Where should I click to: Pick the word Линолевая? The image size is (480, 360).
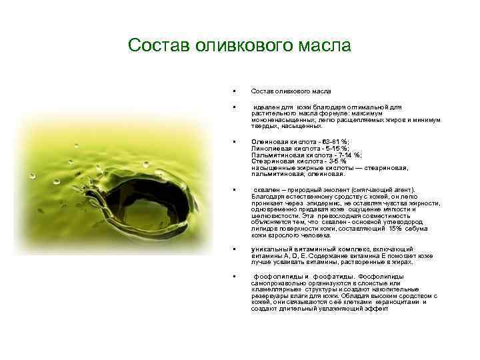(268, 149)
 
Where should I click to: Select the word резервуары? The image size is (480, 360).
(271, 296)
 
